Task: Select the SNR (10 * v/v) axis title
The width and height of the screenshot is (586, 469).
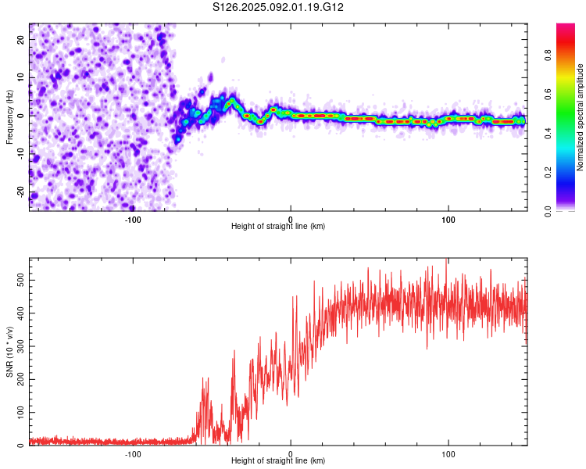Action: click(x=9, y=351)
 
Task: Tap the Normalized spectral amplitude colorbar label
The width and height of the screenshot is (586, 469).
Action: click(x=581, y=117)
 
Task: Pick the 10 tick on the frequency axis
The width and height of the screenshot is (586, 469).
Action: click(x=20, y=77)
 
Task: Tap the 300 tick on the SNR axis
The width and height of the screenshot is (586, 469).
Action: click(x=17, y=345)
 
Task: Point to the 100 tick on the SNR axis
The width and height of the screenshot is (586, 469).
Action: click(x=17, y=412)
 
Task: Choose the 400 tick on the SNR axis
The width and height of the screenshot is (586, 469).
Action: click(x=17, y=311)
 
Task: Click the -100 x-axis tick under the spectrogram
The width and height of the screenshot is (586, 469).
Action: click(x=132, y=218)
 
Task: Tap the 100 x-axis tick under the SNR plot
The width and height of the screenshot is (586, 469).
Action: click(x=448, y=453)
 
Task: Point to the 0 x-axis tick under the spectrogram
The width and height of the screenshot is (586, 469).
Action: click(x=291, y=218)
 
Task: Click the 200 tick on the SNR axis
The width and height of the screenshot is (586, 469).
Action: click(x=17, y=378)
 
